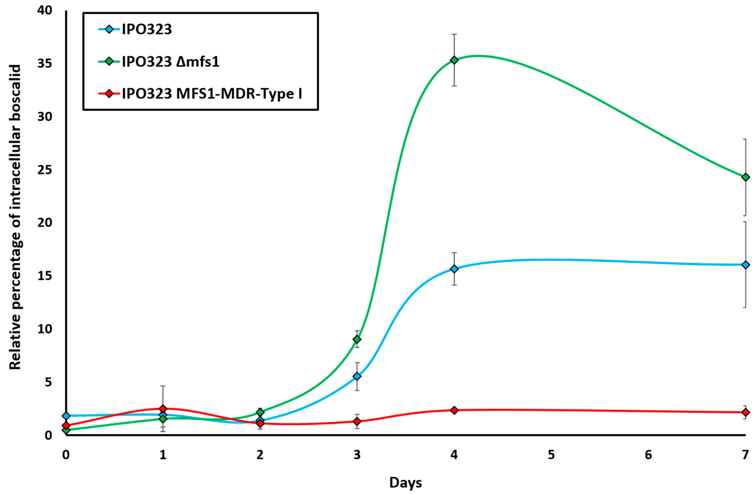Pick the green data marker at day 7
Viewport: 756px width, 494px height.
[x=745, y=177]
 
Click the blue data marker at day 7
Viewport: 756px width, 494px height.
[x=745, y=265]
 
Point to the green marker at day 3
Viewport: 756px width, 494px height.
[x=357, y=339]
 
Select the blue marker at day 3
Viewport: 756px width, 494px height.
[x=357, y=376]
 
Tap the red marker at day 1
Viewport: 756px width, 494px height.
[x=163, y=409]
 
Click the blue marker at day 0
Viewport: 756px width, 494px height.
[x=66, y=415]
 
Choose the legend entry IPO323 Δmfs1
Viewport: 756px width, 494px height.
[x=171, y=62]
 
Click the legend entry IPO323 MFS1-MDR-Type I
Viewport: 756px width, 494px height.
[x=212, y=94]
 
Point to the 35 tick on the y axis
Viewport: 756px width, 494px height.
[x=45, y=64]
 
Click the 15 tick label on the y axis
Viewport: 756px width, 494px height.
[x=45, y=275]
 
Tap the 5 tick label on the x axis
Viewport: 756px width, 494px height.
[x=551, y=455]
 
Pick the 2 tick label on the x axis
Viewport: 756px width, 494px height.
[x=260, y=455]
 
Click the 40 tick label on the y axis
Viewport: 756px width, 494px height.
[x=45, y=11]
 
